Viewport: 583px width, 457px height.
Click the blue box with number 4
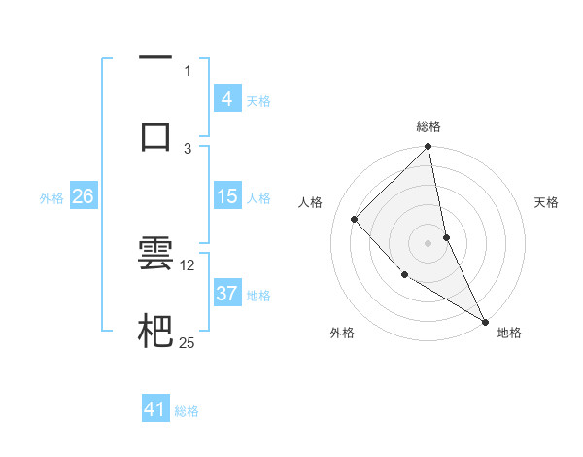pos(226,98)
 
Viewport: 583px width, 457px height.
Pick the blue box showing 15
pos(226,196)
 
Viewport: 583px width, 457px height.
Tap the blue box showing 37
pos(226,294)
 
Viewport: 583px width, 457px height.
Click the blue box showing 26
pos(83,196)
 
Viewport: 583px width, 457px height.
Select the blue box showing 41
pos(155,409)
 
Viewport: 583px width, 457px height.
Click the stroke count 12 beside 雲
pos(188,264)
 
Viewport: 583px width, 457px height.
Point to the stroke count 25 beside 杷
pos(188,342)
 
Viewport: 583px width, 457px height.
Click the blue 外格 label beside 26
pos(51,197)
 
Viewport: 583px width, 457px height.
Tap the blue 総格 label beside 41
pos(187,410)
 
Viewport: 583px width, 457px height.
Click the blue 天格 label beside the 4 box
pos(257,99)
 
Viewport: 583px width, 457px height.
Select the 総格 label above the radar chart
pos(429,126)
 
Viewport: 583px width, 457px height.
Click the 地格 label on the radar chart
pos(509,333)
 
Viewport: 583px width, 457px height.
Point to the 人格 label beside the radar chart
pos(311,202)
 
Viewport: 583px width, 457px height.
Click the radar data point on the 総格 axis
pos(429,147)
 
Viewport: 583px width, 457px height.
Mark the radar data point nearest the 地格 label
pos(485,321)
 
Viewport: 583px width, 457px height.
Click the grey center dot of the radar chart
pos(429,242)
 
